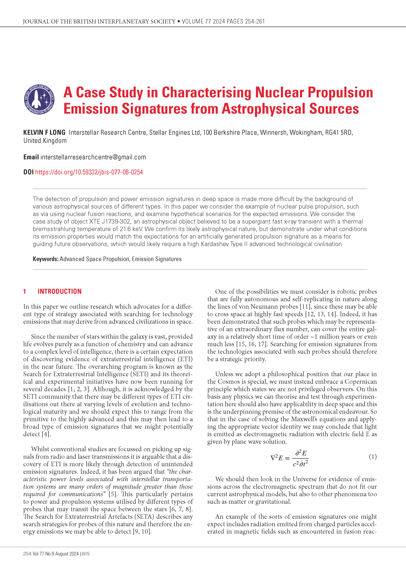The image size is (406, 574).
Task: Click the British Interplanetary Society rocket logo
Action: click(x=39, y=99)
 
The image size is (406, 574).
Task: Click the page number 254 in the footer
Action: click(x=27, y=554)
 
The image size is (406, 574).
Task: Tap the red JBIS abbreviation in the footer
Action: click(x=84, y=554)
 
